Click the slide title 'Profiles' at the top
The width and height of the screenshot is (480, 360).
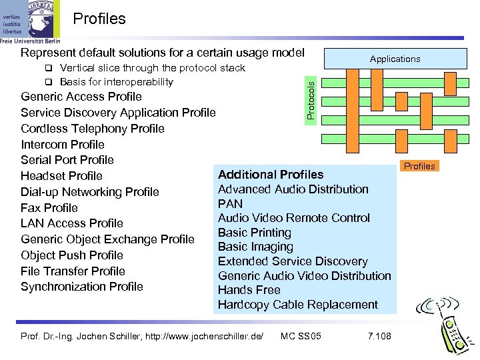(x=99, y=19)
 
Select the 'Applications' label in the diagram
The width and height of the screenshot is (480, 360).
(x=395, y=59)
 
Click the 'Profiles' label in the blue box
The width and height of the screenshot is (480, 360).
(x=419, y=166)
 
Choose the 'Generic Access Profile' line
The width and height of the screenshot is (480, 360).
(x=81, y=97)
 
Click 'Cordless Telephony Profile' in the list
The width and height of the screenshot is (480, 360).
(x=93, y=129)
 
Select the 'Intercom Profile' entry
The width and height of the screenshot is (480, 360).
(x=63, y=145)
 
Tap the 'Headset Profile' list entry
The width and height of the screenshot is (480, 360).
(x=61, y=176)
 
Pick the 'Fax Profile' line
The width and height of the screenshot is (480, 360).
(x=49, y=207)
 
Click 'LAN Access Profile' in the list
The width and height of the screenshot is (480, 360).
(x=72, y=223)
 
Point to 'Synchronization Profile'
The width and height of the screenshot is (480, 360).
(x=82, y=287)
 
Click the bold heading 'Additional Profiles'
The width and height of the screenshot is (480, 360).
(x=271, y=175)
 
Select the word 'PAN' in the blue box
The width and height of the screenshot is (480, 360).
(x=231, y=203)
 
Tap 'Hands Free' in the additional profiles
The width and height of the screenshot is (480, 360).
(x=249, y=290)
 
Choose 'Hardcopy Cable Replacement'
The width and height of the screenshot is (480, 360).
(x=298, y=305)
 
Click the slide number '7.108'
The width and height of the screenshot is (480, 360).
(x=379, y=335)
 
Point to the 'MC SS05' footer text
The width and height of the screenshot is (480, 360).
(x=301, y=335)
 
